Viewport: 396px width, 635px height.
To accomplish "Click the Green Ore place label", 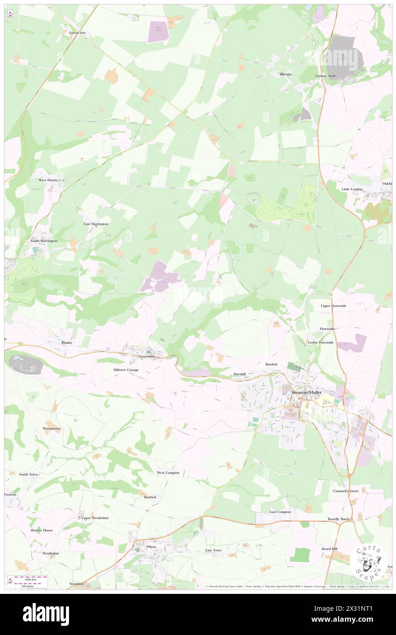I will point(77,33).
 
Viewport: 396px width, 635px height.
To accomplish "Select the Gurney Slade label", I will point(326,76).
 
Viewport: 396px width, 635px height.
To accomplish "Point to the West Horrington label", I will point(51,180).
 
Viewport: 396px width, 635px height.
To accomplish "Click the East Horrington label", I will point(96,224).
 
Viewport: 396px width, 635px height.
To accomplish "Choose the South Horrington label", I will point(44,241).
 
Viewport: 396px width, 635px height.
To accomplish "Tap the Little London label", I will point(352,189).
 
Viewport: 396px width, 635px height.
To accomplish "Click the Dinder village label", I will point(67,342).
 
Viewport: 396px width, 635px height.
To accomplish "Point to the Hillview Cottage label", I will point(126,370).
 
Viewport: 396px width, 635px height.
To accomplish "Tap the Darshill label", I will point(240,374).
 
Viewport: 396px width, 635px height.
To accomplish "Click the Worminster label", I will point(51,429).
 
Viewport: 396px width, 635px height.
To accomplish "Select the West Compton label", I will point(168,473).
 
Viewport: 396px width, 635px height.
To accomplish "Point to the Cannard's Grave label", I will point(346,491).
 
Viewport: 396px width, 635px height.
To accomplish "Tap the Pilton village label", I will point(151,546).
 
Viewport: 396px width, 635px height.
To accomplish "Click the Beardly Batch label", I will point(338,519).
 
